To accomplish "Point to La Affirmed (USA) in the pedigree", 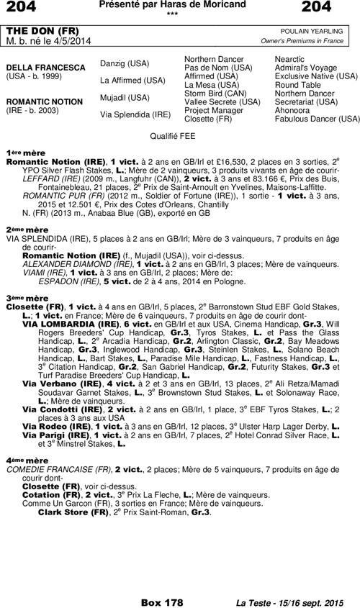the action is click(x=132, y=80).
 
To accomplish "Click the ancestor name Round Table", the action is click(x=297, y=84).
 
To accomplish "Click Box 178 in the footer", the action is click(x=162, y=602).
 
